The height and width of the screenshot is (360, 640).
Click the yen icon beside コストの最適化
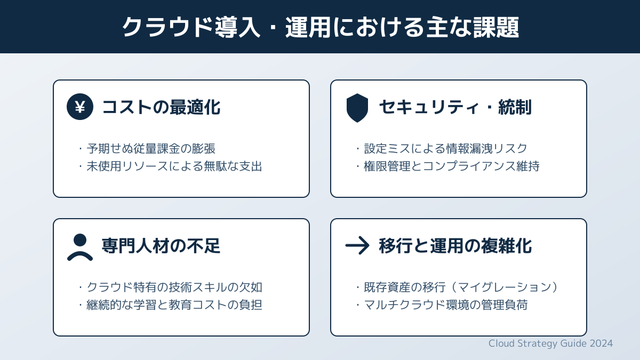[x=80, y=107]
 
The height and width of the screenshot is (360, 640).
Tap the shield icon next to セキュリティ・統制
[x=357, y=108]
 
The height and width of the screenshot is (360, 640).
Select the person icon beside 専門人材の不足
[x=80, y=247]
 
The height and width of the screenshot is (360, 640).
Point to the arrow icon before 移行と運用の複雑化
[x=357, y=245]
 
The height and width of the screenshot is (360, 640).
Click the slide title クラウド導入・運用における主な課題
[x=321, y=27]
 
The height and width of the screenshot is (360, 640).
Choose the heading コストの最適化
[x=161, y=107]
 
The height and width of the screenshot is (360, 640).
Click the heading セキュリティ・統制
[x=455, y=107]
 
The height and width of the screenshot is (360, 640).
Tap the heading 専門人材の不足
[x=161, y=246]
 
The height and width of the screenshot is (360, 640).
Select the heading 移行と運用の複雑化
[x=455, y=246]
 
